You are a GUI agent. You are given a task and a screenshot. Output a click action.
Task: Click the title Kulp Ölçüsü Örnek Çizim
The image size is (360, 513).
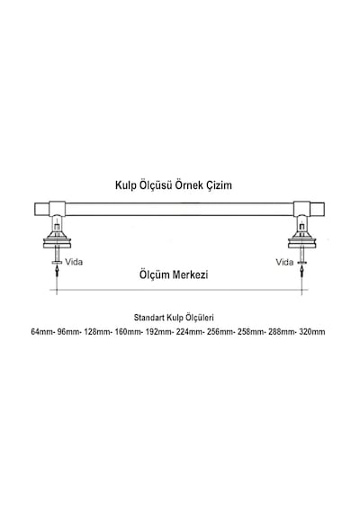(174, 185)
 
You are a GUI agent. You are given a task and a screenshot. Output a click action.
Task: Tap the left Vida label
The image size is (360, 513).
(74, 262)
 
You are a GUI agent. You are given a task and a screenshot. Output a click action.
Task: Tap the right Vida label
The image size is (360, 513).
(284, 262)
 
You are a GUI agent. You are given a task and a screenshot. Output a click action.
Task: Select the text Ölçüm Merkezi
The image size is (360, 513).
(174, 274)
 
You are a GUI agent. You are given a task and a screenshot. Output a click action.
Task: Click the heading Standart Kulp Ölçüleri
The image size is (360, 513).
(174, 318)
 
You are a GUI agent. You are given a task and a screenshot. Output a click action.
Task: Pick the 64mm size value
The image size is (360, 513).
(42, 332)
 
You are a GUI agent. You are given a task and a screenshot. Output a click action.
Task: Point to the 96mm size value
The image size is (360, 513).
(68, 332)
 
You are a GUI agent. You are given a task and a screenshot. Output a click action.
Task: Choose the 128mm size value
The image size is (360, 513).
(97, 332)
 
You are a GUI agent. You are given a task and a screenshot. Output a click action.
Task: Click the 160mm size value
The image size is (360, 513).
(128, 332)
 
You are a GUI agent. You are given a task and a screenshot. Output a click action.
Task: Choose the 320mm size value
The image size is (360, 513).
(312, 332)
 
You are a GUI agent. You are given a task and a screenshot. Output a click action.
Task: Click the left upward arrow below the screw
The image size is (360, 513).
(58, 271)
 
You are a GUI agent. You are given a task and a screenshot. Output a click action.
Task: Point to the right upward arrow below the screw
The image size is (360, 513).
(301, 271)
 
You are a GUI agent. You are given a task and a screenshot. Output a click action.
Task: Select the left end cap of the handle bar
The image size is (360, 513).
(42, 209)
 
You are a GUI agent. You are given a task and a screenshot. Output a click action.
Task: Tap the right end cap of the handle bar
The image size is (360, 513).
(317, 209)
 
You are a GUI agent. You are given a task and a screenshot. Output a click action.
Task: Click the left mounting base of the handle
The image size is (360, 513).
(58, 239)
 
